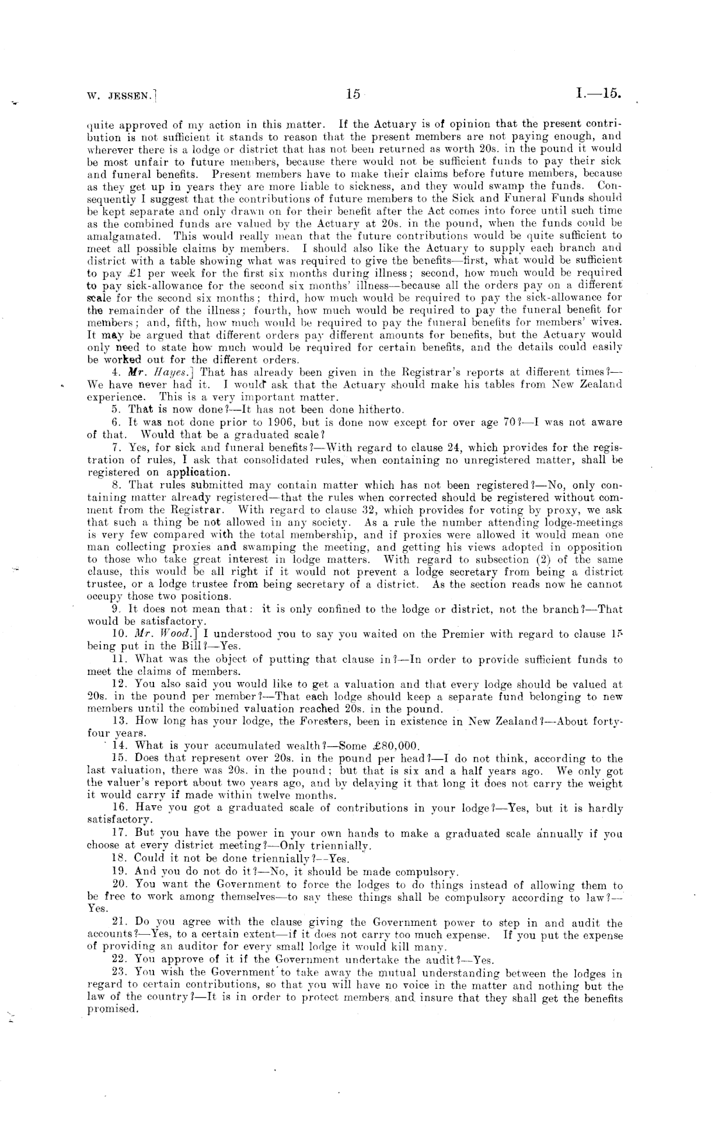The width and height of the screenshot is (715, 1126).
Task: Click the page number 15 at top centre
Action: pyautogui.click(x=352, y=94)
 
